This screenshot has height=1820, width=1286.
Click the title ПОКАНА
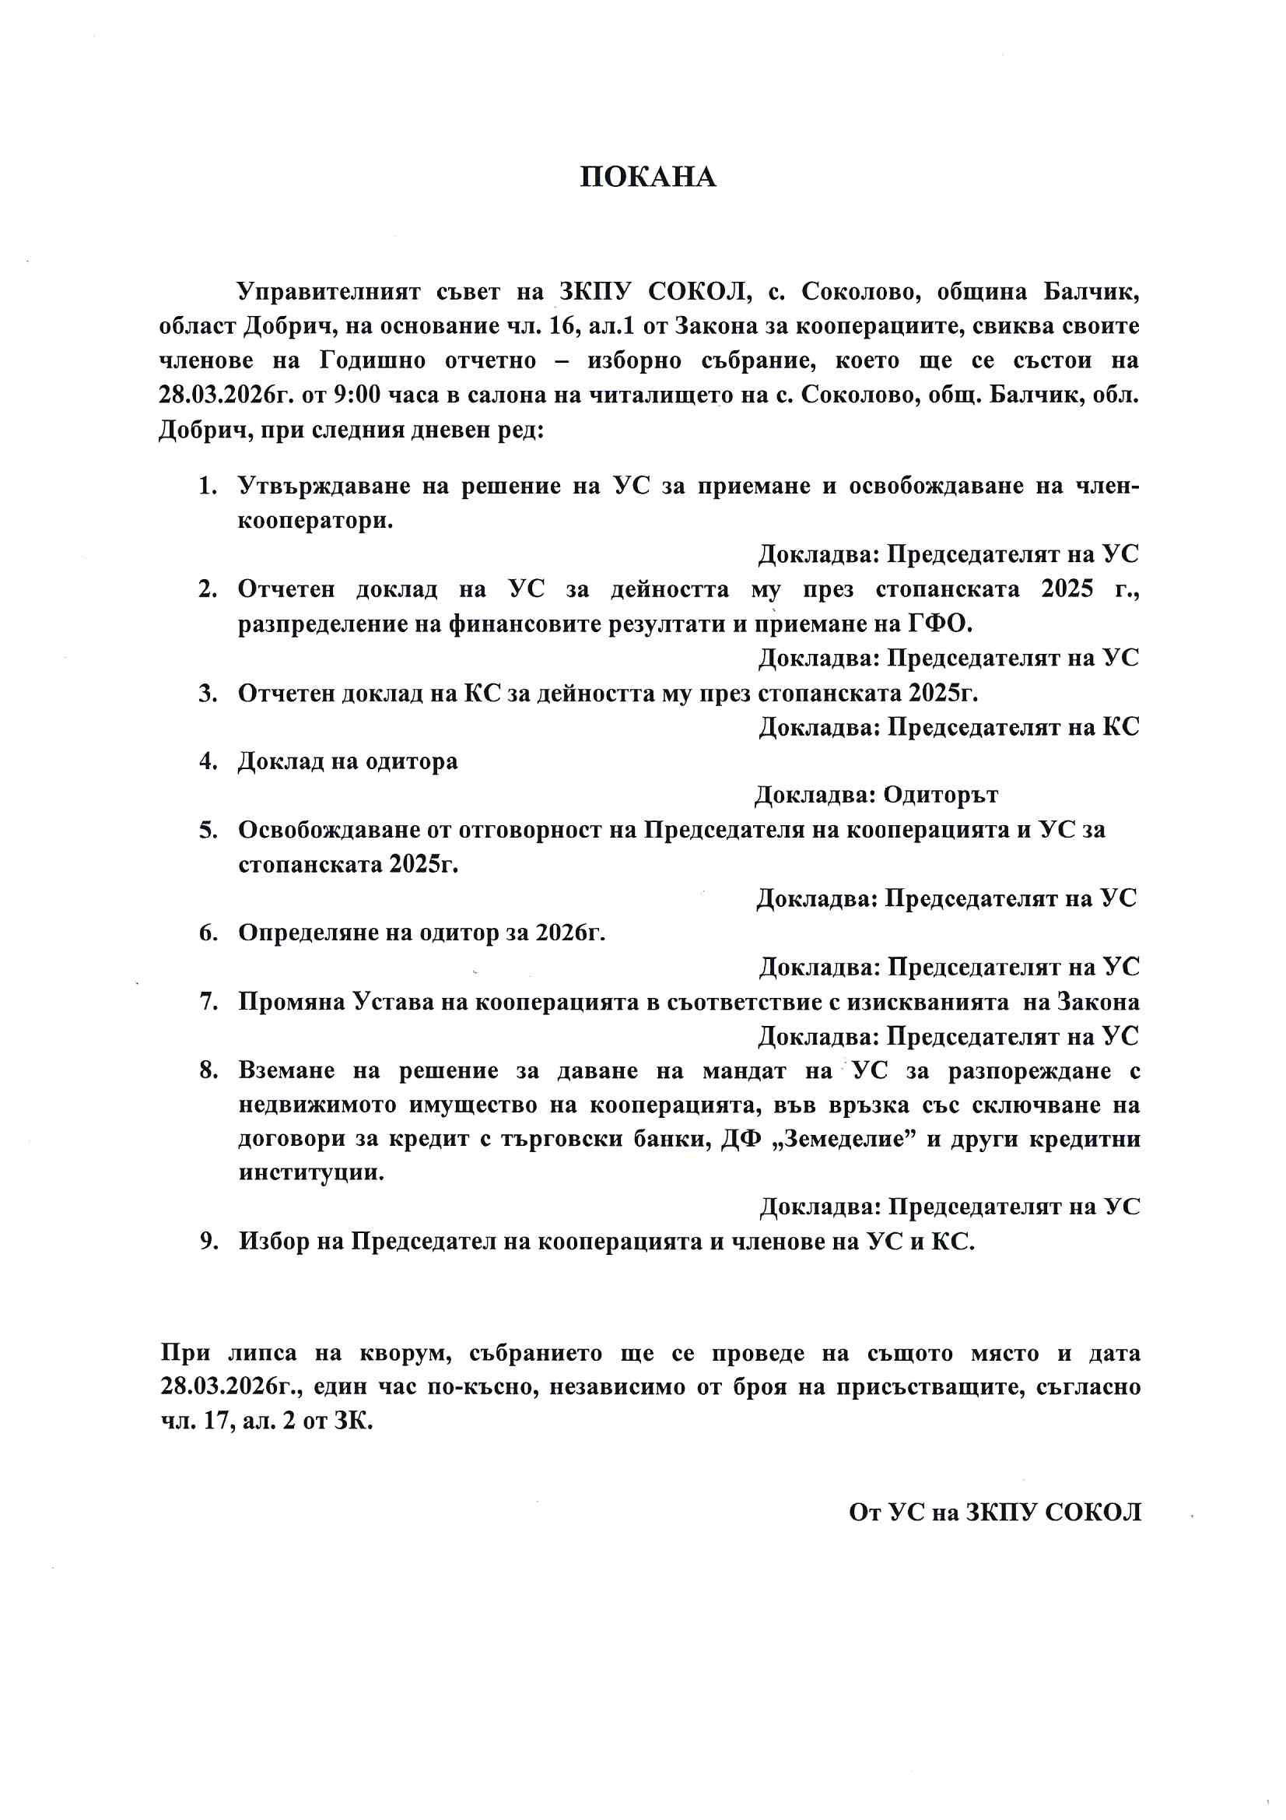pyautogui.click(x=647, y=177)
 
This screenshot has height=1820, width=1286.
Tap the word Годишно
pyautogui.click(x=373, y=360)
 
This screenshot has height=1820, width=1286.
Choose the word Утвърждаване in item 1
pyautogui.click(x=323, y=485)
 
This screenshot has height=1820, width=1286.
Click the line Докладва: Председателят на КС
pyautogui.click(x=948, y=727)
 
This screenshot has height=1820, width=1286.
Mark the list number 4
pyautogui.click(x=207, y=762)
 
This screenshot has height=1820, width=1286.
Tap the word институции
pyautogui.click(x=310, y=1174)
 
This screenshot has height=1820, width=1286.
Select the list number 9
pyautogui.click(x=207, y=1242)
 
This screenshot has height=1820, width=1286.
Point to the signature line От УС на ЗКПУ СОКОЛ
pyautogui.click(x=994, y=1513)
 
